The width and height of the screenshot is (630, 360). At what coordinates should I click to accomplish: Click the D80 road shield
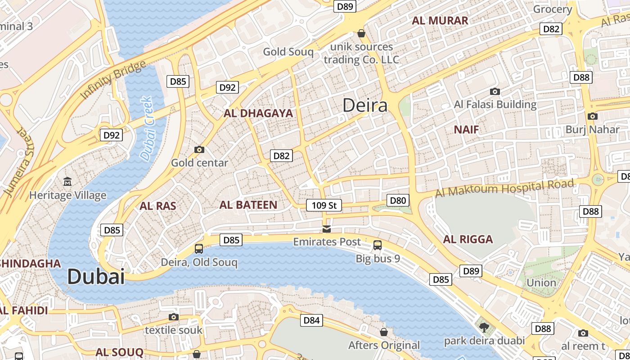coord(398,200)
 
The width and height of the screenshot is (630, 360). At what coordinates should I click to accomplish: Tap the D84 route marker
coord(311,320)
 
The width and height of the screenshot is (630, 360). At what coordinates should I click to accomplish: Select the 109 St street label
coord(324,206)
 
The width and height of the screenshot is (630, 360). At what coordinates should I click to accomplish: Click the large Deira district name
coord(365,105)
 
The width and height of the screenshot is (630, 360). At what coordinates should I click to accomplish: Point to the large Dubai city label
coord(96,277)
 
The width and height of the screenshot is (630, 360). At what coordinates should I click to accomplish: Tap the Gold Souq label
coord(288,52)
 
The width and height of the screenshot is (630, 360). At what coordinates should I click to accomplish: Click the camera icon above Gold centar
coord(199,149)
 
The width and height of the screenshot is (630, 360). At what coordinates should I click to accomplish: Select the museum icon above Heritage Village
coord(67,182)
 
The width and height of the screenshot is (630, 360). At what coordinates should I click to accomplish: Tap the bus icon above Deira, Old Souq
coord(199,248)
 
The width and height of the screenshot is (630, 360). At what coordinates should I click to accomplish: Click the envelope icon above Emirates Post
coord(327,229)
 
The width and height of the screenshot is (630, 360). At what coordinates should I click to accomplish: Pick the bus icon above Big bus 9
coord(378,245)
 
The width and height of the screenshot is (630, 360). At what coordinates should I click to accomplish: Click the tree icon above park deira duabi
coord(484,327)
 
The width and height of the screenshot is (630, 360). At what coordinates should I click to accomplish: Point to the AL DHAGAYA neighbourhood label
coord(258,113)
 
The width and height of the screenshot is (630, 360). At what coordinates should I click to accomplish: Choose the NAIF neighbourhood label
coord(466,130)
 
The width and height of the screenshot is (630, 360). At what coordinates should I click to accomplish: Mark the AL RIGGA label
coord(468,239)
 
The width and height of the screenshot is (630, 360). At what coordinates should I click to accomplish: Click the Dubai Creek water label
coord(147,129)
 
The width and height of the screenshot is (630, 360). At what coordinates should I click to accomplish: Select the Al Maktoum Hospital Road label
coord(504,189)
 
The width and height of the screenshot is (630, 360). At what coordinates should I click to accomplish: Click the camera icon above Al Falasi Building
coord(495,92)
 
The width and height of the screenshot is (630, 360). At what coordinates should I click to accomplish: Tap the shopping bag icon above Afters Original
coord(384,332)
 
